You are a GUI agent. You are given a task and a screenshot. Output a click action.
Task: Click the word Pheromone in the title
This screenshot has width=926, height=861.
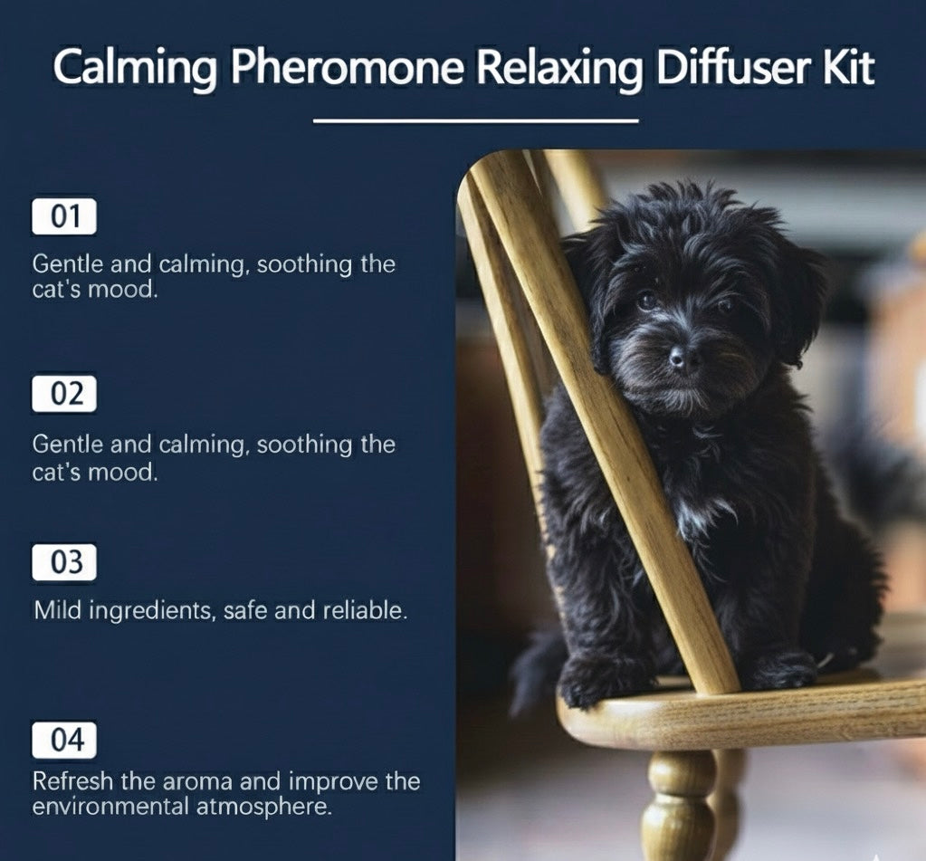[x=347, y=68]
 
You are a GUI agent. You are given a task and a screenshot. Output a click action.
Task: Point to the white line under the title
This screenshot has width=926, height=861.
[x=475, y=121]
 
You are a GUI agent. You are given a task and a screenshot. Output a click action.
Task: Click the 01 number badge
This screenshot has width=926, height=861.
[x=63, y=216]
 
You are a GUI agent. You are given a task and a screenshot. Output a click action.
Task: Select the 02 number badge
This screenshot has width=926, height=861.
[x=63, y=394]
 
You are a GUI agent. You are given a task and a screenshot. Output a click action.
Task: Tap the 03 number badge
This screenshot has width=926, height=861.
[x=63, y=562]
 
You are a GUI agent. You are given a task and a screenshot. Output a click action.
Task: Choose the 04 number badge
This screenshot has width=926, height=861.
[x=63, y=740]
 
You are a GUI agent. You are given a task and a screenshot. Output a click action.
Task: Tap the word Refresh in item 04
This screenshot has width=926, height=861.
[x=72, y=781]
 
